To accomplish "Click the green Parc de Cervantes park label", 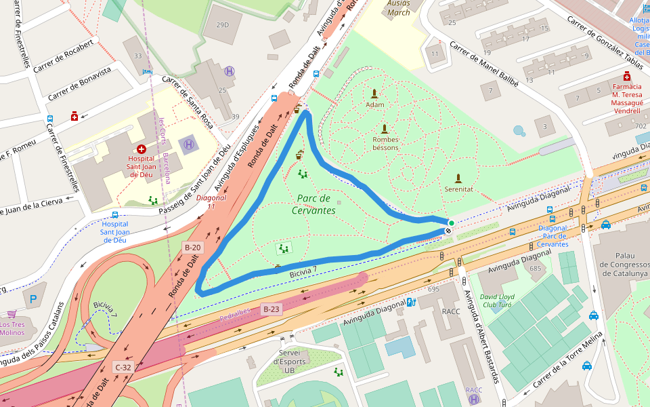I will (x=316, y=204).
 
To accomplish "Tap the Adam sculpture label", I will (x=374, y=104).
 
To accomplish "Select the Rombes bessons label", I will (x=385, y=143).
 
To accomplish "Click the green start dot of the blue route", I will (x=452, y=222).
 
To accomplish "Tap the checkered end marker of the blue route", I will (x=448, y=231).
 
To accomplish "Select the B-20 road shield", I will (x=192, y=248).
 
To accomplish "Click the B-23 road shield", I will (x=271, y=309).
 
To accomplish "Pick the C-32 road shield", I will (x=123, y=367).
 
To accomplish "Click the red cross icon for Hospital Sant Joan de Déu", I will (x=142, y=149).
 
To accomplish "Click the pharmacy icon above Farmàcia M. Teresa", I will (x=627, y=77).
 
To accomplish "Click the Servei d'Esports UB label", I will (x=288, y=361).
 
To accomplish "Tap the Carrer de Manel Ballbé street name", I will (x=483, y=65).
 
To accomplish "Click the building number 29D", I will (x=222, y=25).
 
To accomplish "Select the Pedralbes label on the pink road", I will (x=235, y=315).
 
